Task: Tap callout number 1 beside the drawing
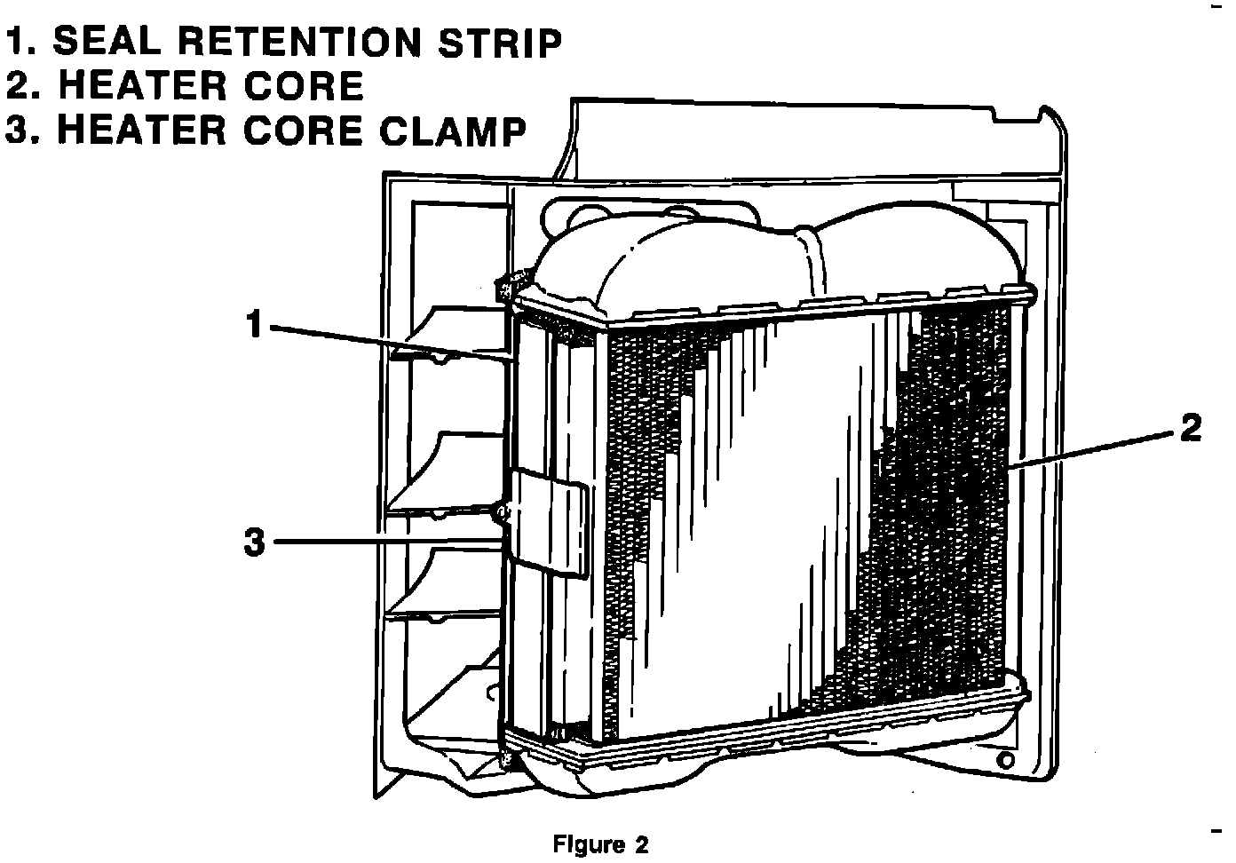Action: (x=254, y=326)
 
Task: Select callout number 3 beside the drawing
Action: (x=254, y=541)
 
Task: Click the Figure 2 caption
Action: (x=600, y=843)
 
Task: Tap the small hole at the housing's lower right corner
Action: (x=1005, y=760)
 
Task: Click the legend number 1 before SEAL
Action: (x=15, y=42)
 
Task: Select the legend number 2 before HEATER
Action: (x=18, y=86)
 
